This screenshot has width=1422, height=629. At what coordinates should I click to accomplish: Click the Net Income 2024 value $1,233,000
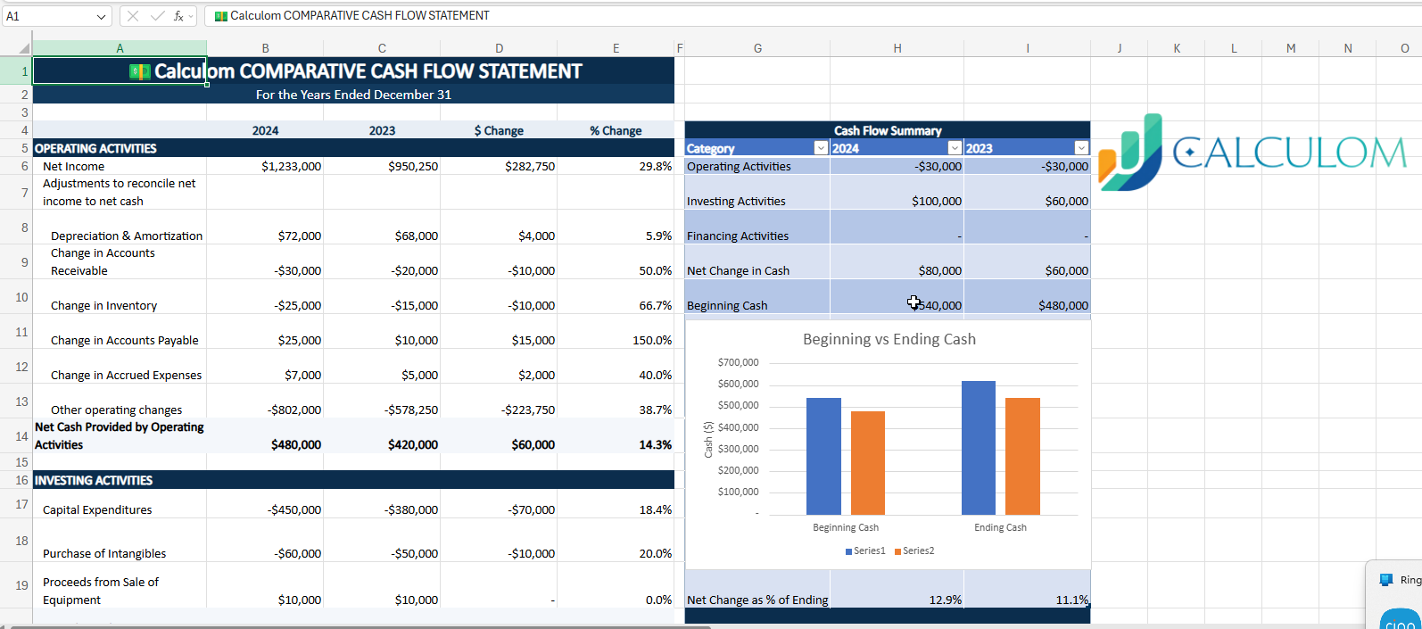pos(291,166)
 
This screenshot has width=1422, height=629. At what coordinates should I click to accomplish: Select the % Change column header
pos(615,130)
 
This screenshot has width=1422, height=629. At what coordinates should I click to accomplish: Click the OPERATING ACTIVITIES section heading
pos(95,148)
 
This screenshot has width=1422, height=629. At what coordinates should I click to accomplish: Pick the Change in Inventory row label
pos(103,305)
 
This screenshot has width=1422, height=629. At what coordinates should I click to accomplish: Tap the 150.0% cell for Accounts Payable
pos(651,340)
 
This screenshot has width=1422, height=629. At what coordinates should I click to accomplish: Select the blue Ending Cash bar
pos(978,448)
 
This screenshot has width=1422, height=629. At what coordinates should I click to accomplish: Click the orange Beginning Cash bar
pos(867,462)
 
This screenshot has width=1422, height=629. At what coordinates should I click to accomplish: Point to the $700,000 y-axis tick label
pos(738,362)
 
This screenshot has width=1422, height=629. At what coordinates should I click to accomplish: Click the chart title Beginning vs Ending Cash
pos(889,339)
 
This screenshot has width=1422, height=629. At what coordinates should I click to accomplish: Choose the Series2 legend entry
pos(914,551)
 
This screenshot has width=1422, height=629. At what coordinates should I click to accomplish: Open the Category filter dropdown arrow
pos(821,148)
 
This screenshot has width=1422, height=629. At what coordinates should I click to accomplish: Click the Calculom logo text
pos(1289,153)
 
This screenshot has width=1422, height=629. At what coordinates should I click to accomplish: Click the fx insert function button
pos(178,16)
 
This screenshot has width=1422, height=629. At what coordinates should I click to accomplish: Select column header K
pos(1176,48)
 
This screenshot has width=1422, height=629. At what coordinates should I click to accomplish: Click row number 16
pos(21,480)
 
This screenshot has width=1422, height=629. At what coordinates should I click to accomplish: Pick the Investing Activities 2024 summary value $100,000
pos(936,201)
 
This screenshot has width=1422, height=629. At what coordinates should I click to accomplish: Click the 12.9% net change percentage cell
pos(945,600)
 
